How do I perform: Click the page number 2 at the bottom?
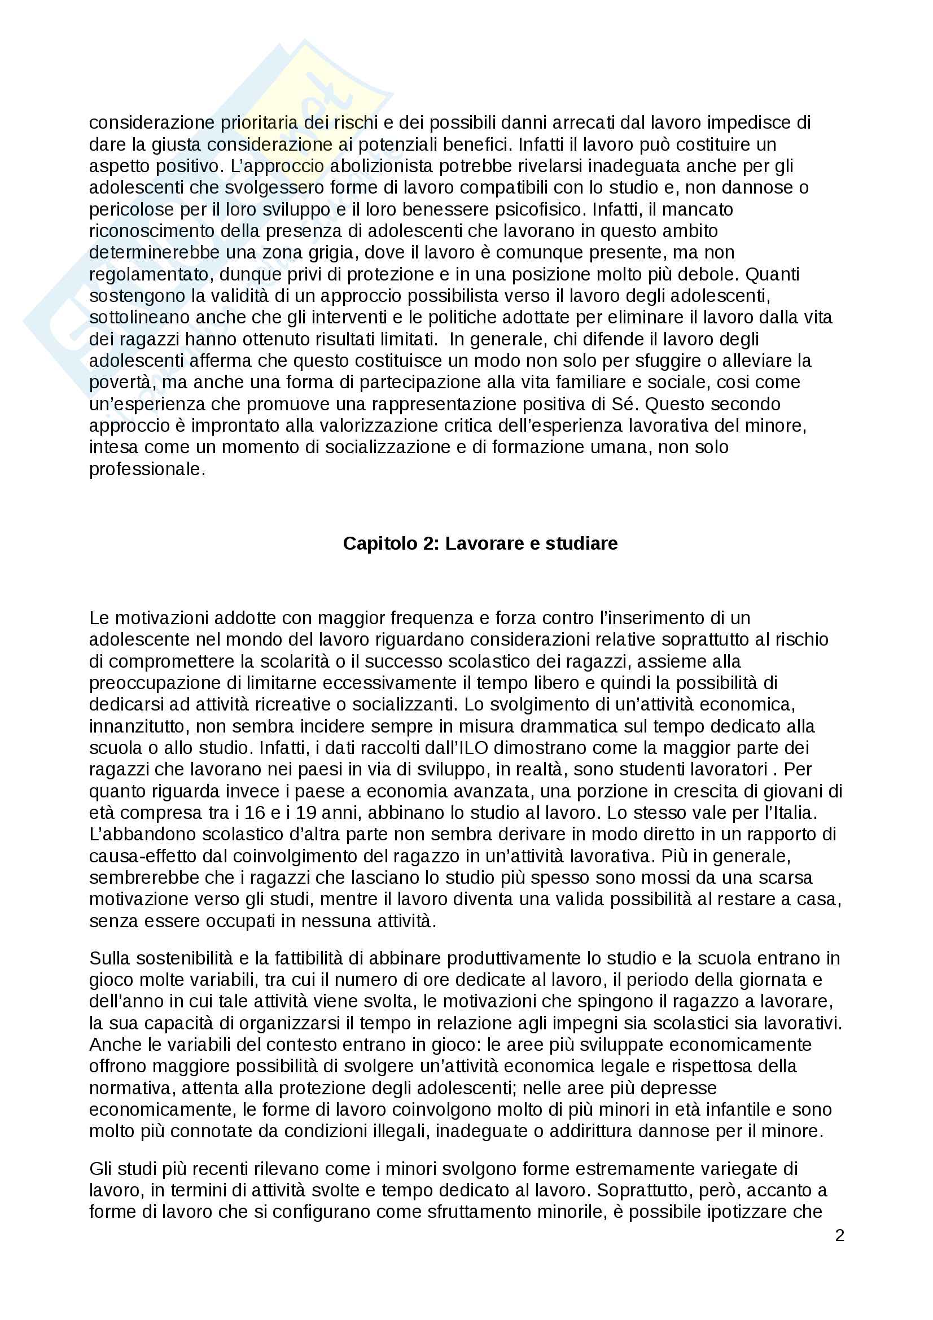click(x=839, y=1235)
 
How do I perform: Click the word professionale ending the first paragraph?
click(x=146, y=469)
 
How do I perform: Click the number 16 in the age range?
click(x=255, y=813)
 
